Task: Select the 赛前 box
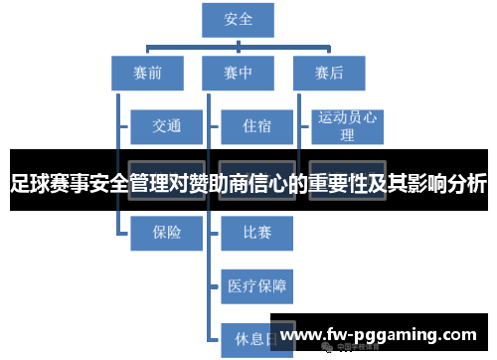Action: coord(146,73)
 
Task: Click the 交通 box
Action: coord(166,126)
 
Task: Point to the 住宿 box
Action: coord(256,126)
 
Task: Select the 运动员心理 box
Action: coord(348,126)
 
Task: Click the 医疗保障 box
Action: coord(256,286)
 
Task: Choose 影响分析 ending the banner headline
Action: coord(446,184)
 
